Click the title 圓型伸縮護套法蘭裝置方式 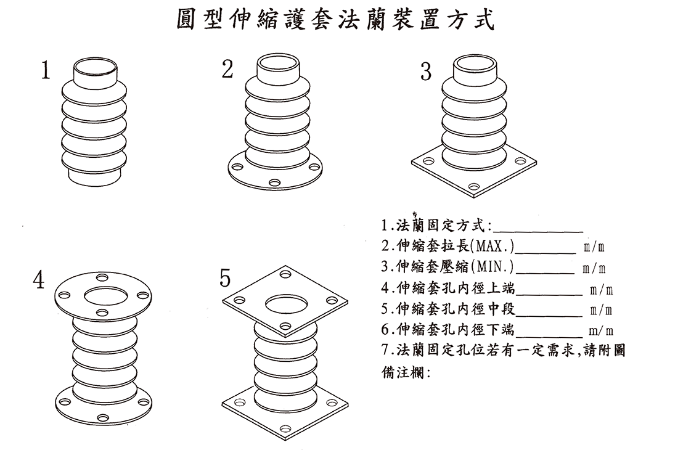335,19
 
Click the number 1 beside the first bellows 44,70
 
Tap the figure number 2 227,70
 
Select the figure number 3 425,72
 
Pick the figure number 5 225,279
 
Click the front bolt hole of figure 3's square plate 473,186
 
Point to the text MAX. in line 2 493,248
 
